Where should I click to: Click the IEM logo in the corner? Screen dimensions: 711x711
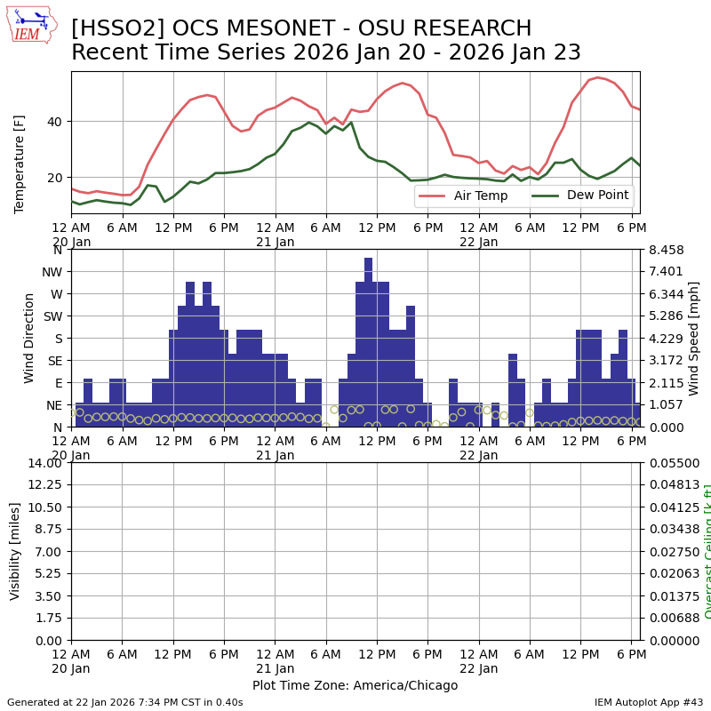point(31,24)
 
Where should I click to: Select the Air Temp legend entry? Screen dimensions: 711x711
point(479,196)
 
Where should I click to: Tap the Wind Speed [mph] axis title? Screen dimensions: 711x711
point(694,338)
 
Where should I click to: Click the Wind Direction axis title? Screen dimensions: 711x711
point(29,338)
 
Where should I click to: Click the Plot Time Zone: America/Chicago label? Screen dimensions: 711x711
point(355,685)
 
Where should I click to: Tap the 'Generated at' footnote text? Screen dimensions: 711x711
point(124,702)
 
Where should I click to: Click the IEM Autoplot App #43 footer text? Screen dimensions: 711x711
point(649,702)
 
